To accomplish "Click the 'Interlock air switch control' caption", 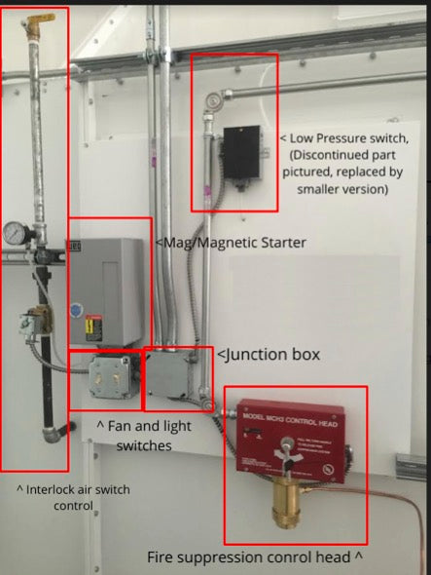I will (x=72, y=497).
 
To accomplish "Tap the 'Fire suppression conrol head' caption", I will (x=255, y=558).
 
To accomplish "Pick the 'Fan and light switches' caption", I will (x=144, y=436).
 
